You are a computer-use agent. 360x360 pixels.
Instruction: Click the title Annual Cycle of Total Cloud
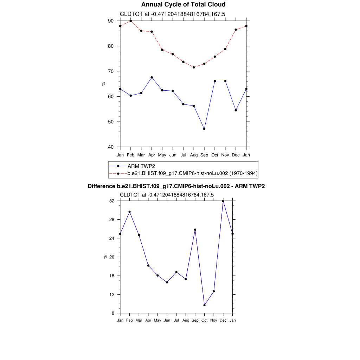(x=183, y=5)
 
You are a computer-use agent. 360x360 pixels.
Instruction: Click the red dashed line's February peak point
(x=131, y=21)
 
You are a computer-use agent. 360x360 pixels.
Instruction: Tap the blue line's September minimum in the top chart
(x=204, y=129)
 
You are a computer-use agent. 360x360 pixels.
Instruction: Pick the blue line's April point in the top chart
(x=152, y=77)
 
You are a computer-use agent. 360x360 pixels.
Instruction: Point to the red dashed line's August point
(x=194, y=67)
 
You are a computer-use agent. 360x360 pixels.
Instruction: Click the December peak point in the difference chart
(x=223, y=201)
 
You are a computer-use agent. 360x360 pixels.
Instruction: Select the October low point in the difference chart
(x=204, y=305)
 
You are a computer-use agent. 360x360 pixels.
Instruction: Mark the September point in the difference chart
(x=195, y=230)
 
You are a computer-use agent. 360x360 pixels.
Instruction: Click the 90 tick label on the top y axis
(x=111, y=21)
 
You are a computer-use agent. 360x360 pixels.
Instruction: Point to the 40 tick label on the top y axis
(x=111, y=147)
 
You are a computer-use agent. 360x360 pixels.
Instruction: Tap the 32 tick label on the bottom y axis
(x=112, y=201)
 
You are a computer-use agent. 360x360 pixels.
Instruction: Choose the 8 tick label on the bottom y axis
(x=113, y=313)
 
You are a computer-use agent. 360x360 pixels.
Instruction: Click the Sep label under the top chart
(x=204, y=155)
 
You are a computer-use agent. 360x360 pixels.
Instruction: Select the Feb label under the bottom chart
(x=129, y=320)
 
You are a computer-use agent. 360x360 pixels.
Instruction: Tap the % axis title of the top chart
(x=103, y=84)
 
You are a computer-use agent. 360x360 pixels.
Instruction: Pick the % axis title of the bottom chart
(x=105, y=257)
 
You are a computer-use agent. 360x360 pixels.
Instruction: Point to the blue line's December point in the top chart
(x=236, y=110)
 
